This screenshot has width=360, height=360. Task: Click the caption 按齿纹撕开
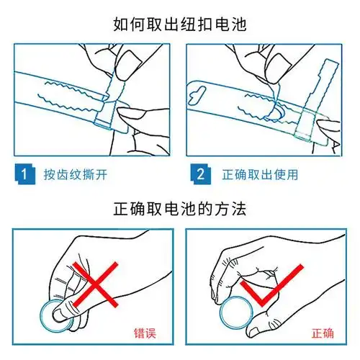coord(75,174)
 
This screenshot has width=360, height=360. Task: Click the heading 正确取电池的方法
coord(179,210)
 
